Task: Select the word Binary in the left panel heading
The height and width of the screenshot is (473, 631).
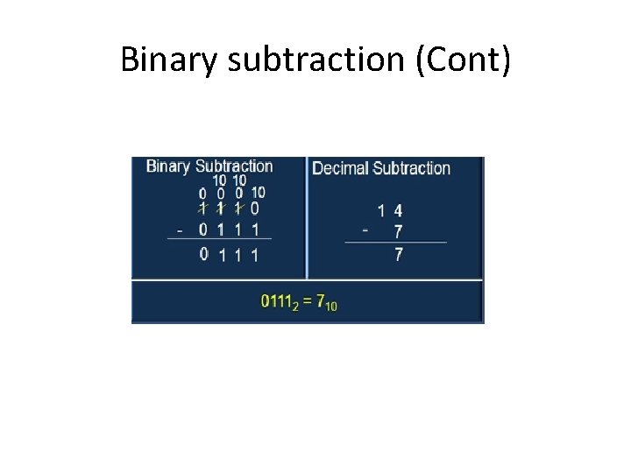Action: [168, 166]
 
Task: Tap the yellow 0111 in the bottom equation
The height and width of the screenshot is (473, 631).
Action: [279, 301]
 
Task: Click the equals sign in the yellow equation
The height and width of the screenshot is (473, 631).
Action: [308, 301]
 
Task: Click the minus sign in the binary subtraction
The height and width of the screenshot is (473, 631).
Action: [180, 231]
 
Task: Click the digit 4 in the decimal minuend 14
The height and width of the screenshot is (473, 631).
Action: [398, 210]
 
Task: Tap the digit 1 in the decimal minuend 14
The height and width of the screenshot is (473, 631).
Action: [381, 210]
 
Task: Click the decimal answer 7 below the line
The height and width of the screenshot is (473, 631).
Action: [399, 255]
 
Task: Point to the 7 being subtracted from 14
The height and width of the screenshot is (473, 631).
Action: [399, 232]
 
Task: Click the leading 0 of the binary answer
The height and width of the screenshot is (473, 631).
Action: [203, 254]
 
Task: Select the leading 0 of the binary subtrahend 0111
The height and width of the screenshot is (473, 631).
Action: [203, 230]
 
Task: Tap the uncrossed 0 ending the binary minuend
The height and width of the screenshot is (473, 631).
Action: [254, 208]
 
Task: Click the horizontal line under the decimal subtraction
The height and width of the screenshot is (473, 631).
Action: [395, 243]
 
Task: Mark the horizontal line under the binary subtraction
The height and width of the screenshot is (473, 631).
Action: [219, 238]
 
